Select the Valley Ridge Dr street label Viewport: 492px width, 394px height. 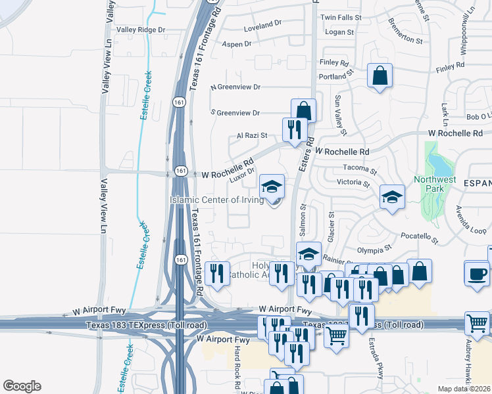(141, 30)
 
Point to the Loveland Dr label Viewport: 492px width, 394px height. (262, 24)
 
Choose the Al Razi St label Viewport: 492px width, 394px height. (252, 136)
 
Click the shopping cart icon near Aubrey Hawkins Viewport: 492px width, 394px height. (478, 322)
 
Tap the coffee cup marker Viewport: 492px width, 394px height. (477, 273)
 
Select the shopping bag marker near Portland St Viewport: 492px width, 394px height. (380, 76)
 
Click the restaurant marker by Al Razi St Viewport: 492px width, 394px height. (293, 128)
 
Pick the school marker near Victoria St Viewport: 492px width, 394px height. (392, 196)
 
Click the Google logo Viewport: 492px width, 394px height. (22, 386)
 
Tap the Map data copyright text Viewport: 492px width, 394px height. (464, 389)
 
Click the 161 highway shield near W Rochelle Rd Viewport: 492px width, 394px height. (180, 171)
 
